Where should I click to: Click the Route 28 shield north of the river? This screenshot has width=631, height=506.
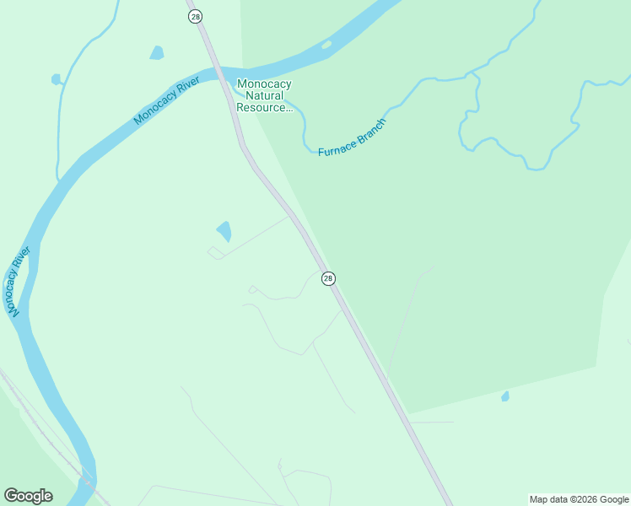[x=196, y=16]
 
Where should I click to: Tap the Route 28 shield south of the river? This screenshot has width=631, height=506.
[x=328, y=278]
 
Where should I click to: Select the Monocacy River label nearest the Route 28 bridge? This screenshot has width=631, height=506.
[x=166, y=103]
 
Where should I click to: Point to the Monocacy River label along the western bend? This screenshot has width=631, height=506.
[x=18, y=282]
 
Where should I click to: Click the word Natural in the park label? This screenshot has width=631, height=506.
[x=263, y=95]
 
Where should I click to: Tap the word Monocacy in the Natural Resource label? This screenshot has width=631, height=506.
[x=264, y=83]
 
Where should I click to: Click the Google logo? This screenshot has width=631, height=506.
[x=28, y=496]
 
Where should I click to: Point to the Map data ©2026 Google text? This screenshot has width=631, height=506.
[x=579, y=499]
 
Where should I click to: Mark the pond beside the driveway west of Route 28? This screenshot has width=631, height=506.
[x=224, y=229]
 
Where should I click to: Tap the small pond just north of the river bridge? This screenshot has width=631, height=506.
[x=156, y=53]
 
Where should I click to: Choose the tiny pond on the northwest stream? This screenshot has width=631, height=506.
[x=57, y=80]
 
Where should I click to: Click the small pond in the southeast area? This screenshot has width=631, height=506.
[x=505, y=396]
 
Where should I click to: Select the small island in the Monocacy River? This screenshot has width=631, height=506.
[x=326, y=45]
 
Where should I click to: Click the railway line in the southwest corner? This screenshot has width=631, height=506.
[x=34, y=422]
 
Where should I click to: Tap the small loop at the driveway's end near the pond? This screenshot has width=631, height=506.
[x=215, y=252]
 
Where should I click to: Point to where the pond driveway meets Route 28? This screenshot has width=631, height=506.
[x=290, y=217]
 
